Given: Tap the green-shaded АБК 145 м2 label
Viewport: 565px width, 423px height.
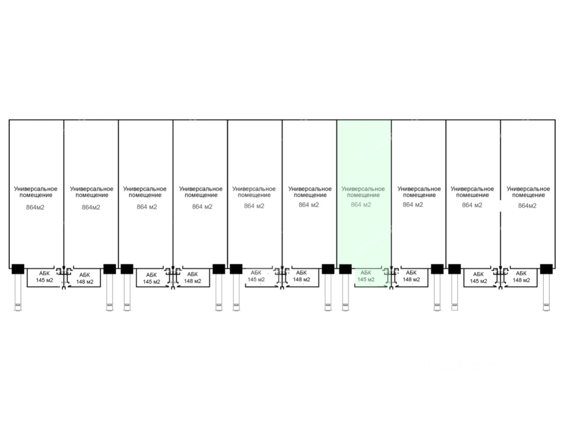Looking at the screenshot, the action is pos(366,276).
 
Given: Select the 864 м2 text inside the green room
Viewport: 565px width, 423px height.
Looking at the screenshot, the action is pos(361,205).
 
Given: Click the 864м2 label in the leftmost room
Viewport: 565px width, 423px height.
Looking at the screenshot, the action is pos(35,207).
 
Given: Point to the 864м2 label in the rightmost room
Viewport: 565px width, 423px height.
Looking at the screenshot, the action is pos(527,206).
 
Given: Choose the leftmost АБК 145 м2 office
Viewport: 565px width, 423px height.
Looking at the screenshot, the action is pos(44,277).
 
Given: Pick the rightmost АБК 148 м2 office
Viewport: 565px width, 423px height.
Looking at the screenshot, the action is pos(521,277).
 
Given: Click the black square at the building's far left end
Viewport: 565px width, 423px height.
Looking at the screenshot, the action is pos(18,269).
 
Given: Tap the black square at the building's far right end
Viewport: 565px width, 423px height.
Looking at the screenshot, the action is pos(546,269).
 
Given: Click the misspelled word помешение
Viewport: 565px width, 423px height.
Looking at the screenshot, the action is pos(472,195).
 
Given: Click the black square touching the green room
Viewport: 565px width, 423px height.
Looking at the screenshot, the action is pos(345,269).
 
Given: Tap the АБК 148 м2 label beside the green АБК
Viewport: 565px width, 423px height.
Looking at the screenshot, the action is pos(411,277).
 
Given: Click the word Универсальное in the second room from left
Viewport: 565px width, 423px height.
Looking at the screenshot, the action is pos(91,189).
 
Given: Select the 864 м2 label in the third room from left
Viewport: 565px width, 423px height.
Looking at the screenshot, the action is pos(147,207).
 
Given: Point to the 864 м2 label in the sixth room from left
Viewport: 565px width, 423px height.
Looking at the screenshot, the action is pos(309,205).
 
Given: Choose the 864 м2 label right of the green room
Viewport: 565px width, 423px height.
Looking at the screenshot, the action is pos(413,205).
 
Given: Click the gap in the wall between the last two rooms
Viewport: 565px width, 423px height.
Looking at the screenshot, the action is pos(501,206).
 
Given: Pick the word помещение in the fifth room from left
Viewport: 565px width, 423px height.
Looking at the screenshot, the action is pos(254,195).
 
